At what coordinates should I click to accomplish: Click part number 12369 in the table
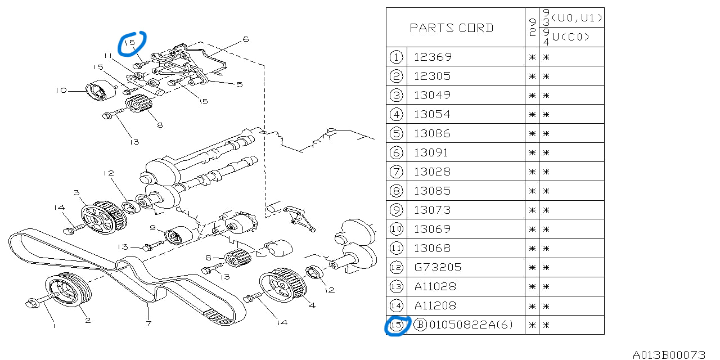click(x=433, y=57)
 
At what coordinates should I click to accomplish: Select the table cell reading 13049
click(x=433, y=95)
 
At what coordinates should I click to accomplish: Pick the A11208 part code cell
click(x=435, y=305)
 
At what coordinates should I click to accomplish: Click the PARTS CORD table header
click(x=451, y=28)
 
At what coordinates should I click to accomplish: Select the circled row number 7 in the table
click(x=397, y=172)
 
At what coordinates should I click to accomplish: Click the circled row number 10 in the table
click(x=397, y=229)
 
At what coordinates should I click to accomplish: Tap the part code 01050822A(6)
click(x=471, y=325)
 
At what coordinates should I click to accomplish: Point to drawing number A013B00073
click(x=669, y=354)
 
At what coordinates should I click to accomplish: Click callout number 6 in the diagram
click(x=246, y=39)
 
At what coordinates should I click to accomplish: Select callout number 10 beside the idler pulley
click(x=61, y=90)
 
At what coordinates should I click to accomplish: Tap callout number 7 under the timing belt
click(x=148, y=323)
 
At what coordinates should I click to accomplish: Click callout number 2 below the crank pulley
click(x=88, y=321)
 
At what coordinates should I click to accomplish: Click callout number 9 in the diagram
click(x=152, y=227)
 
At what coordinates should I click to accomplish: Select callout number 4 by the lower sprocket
click(x=312, y=305)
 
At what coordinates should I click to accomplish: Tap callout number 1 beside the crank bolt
click(x=54, y=325)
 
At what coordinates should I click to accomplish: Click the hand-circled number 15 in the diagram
click(x=130, y=43)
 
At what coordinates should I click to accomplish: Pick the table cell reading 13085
click(x=433, y=191)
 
